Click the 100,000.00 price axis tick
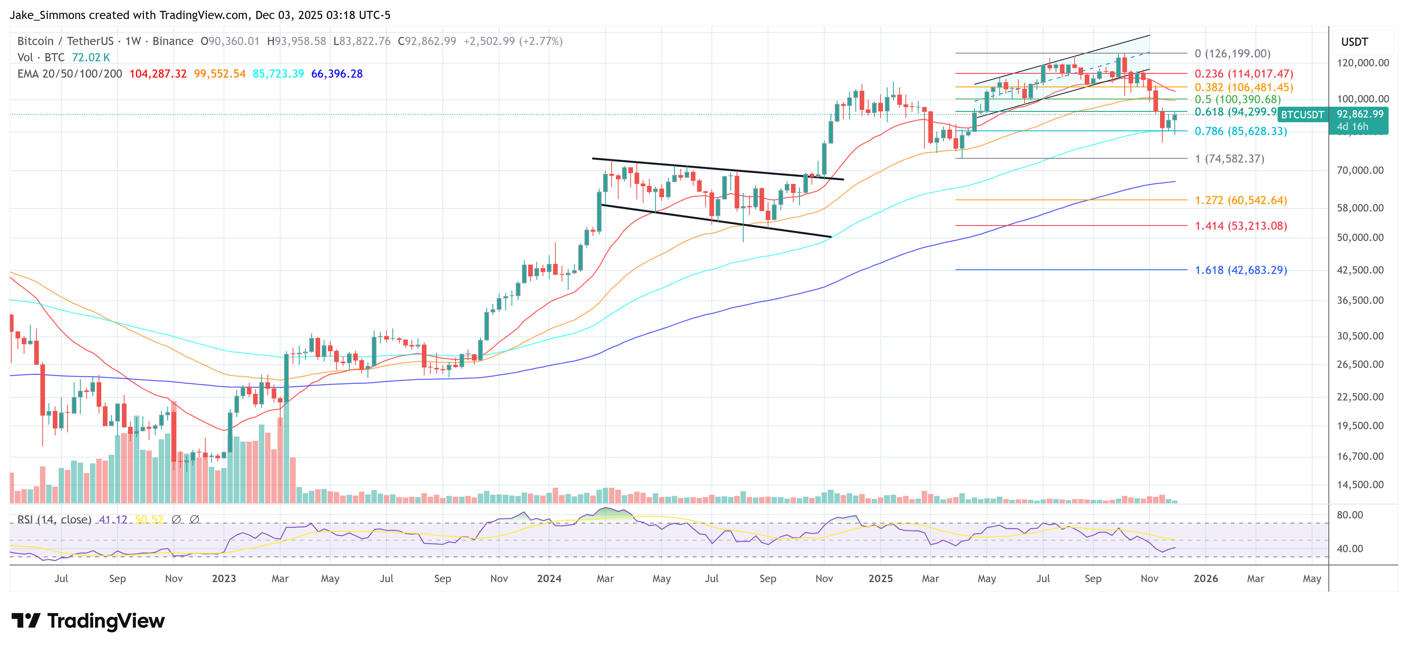pyautogui.click(x=1362, y=99)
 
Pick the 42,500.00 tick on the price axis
pyautogui.click(x=1360, y=270)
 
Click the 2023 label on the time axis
pyautogui.click(x=224, y=578)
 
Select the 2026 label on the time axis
pyautogui.click(x=1205, y=578)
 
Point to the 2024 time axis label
pyautogui.click(x=549, y=578)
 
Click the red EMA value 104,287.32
pyautogui.click(x=158, y=74)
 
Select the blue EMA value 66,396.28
pyautogui.click(x=337, y=74)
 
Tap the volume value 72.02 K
pyautogui.click(x=91, y=57)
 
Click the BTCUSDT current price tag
pyautogui.click(x=1302, y=115)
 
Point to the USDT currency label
pyautogui.click(x=1354, y=42)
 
